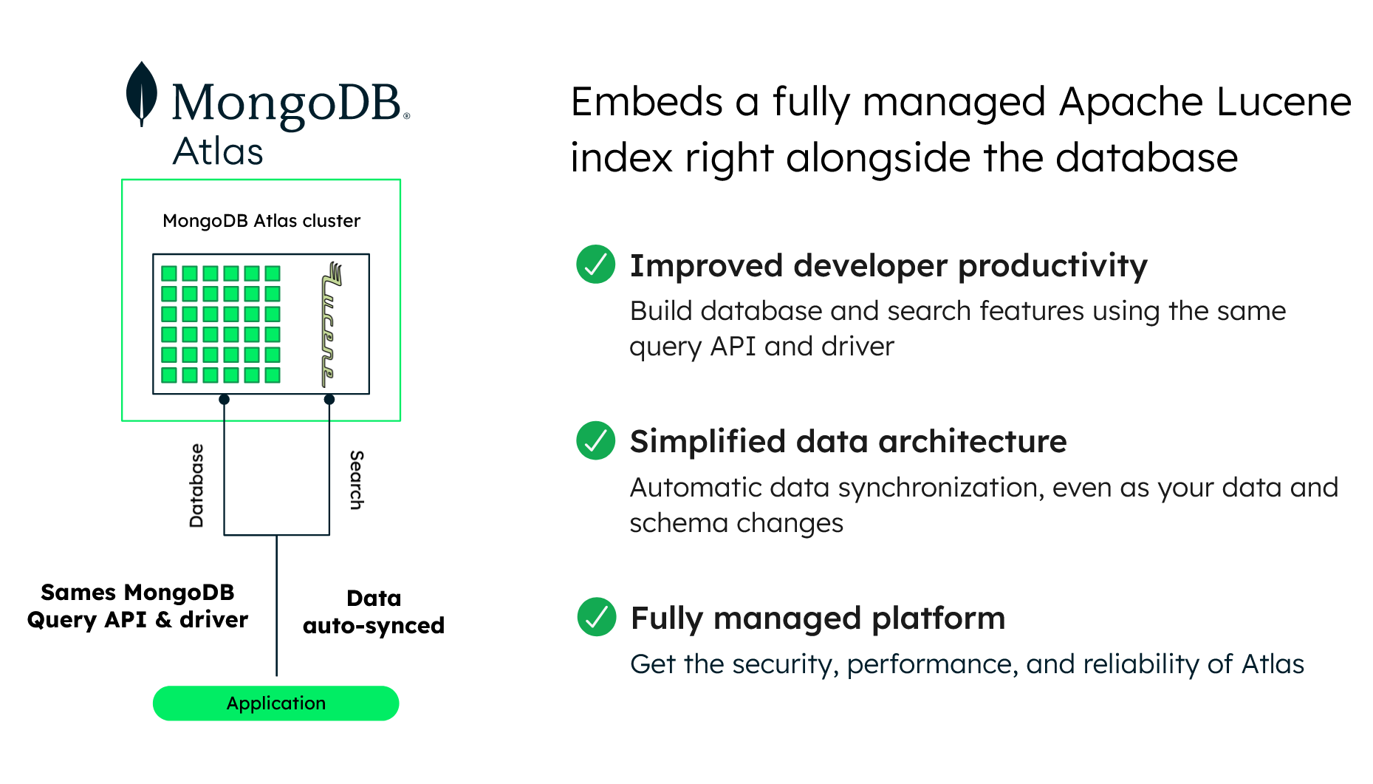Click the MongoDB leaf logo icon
coord(141,94)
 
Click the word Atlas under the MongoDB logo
coord(218,151)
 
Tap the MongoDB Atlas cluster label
coord(261,221)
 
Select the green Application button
coord(275,703)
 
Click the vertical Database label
coord(196,485)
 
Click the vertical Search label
coord(356,480)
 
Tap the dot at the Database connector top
coord(225,400)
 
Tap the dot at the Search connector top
coord(329,400)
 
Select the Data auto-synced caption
coord(374,612)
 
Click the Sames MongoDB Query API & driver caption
coord(137,606)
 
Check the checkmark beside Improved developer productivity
coord(595,264)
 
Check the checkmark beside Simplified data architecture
coord(595,440)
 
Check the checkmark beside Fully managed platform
coord(595,617)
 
